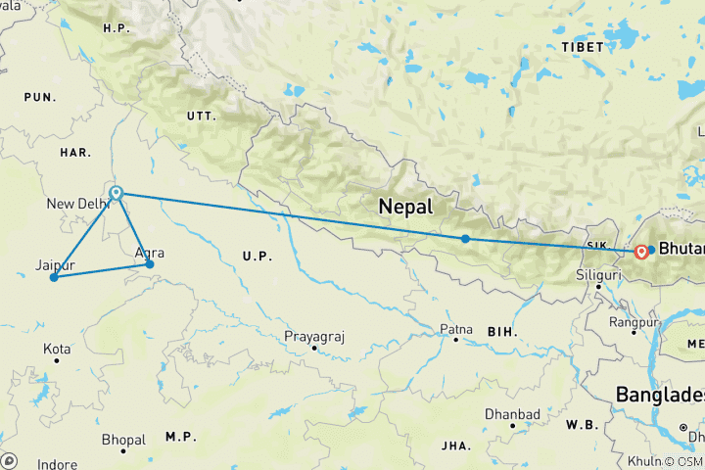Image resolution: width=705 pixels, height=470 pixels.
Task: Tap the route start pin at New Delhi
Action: pos(117,194)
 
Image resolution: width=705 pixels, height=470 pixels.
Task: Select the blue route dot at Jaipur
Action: pos(54,277)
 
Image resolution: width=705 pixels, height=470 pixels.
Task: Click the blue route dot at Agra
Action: pos(150,264)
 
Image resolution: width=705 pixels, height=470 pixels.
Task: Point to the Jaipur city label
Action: pos(55,264)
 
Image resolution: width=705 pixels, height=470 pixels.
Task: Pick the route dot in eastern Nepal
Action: pos(465,239)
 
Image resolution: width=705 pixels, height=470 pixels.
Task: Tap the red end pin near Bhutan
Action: pos(640,252)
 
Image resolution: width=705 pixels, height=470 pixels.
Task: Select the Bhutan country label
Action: pos(681,249)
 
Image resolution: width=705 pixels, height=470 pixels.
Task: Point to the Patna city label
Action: pos(456,329)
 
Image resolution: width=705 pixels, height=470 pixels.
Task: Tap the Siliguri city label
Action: pos(599,275)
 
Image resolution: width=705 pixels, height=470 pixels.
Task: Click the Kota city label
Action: pos(56,349)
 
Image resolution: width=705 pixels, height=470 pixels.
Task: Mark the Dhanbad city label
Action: pos(516,414)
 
